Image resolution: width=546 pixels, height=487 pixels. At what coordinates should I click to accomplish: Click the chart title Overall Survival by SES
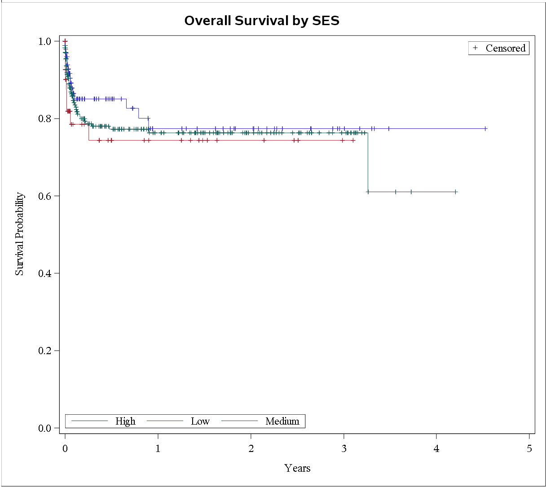click(x=262, y=21)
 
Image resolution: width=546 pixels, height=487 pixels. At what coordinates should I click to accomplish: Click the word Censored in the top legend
click(x=505, y=48)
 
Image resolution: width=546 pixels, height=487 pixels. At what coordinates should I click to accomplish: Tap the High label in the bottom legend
click(x=125, y=421)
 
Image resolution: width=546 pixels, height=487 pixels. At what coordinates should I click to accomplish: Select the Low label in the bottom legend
click(x=200, y=421)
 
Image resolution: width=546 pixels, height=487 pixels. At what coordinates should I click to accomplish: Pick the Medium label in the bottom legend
click(x=282, y=421)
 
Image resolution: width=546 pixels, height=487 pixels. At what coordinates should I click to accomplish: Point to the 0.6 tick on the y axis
click(x=45, y=196)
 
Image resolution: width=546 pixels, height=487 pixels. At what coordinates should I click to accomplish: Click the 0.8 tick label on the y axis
click(x=45, y=119)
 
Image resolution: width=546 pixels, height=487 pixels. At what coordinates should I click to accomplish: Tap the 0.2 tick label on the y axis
click(x=45, y=351)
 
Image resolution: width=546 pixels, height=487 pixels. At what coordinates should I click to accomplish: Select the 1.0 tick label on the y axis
click(x=45, y=41)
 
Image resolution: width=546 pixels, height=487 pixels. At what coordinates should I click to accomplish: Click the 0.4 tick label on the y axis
click(x=45, y=273)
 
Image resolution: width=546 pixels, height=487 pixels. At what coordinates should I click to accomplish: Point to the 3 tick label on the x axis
click(x=344, y=448)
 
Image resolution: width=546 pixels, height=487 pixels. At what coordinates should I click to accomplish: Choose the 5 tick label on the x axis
click(x=529, y=448)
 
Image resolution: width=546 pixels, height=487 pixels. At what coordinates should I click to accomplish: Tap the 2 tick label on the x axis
click(x=251, y=448)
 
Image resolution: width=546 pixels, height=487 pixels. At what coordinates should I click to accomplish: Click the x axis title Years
click(x=297, y=468)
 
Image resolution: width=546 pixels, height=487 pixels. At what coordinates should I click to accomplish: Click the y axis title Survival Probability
click(x=19, y=234)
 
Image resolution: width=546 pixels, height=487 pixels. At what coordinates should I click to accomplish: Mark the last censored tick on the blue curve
click(x=485, y=128)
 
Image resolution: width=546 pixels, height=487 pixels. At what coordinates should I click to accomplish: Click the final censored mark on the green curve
click(x=455, y=192)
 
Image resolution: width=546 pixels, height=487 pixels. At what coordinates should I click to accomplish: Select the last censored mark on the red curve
click(x=353, y=140)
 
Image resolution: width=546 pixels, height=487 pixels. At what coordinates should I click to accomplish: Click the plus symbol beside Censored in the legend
click(x=476, y=48)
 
